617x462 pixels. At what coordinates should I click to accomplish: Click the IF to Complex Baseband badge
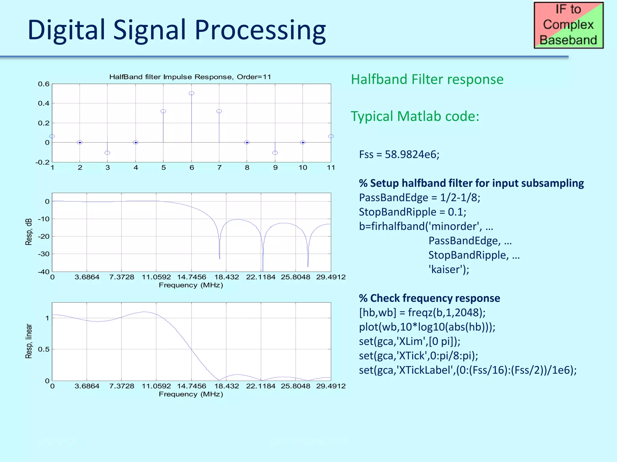tap(568, 25)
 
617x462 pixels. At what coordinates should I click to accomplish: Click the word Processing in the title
tap(260, 30)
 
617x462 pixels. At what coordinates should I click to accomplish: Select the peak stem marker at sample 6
tap(191, 94)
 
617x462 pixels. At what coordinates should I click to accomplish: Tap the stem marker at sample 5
tap(163, 111)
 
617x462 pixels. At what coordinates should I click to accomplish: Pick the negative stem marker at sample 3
tap(107, 153)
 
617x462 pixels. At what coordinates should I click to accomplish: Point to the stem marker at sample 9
tap(275, 153)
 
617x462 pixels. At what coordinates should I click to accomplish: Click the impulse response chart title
tap(190, 77)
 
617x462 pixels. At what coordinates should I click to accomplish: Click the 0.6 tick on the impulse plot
tap(44, 84)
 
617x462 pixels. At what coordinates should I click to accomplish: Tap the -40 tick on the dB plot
tap(44, 272)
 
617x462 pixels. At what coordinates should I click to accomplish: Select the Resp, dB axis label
tap(29, 232)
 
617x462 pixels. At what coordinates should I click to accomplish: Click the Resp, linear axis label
tap(29, 341)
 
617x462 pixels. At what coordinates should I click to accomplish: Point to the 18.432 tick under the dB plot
tap(227, 277)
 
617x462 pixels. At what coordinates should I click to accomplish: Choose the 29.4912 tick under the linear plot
tap(331, 386)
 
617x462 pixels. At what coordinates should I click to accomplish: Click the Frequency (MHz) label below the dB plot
tap(191, 285)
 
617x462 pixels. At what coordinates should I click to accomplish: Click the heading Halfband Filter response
tap(427, 79)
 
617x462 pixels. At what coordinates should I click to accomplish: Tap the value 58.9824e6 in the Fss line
tap(412, 155)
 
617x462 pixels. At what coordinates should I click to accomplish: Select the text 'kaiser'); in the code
tap(449, 269)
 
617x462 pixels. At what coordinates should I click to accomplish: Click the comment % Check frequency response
tap(429, 298)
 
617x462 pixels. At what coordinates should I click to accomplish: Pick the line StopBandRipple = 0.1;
tap(412, 212)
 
